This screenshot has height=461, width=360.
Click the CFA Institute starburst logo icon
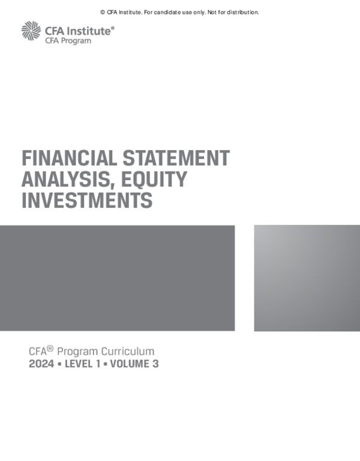(x=31, y=31)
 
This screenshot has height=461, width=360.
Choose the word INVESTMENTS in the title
(x=87, y=200)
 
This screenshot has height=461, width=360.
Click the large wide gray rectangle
(x=117, y=278)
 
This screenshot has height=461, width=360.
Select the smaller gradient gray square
(x=307, y=278)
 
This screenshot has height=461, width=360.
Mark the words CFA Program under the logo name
(x=68, y=41)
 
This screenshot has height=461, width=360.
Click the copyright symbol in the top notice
(x=103, y=12)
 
